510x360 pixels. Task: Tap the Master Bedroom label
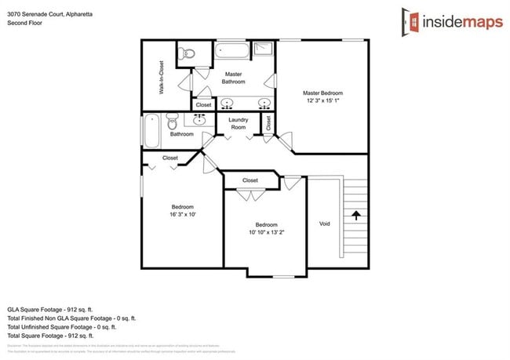322,93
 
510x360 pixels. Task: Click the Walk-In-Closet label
162,78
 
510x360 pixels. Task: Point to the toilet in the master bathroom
187,54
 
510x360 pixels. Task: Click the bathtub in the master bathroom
233,52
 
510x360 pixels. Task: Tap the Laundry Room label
238,123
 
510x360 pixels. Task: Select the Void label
325,224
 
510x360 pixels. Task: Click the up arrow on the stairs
356,213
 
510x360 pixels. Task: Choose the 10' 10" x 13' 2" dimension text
266,232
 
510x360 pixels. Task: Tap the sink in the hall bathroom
199,119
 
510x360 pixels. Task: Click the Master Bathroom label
233,78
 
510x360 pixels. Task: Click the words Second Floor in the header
24,23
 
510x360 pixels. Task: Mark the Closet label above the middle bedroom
250,180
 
